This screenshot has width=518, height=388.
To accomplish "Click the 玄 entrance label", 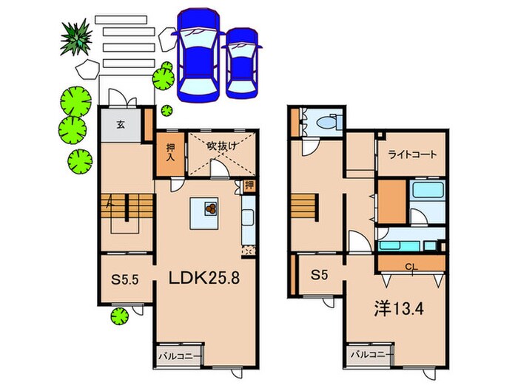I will tap(119, 125).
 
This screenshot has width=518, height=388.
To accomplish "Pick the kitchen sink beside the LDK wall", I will tap(247, 217).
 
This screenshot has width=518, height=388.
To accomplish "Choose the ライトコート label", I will tap(412, 155).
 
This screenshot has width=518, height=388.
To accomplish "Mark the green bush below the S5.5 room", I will tap(118, 317).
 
